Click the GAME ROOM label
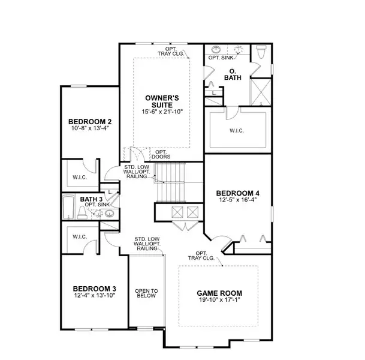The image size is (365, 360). [219, 293]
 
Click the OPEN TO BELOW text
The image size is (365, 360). [146, 293]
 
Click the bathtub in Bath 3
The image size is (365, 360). [68, 208]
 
